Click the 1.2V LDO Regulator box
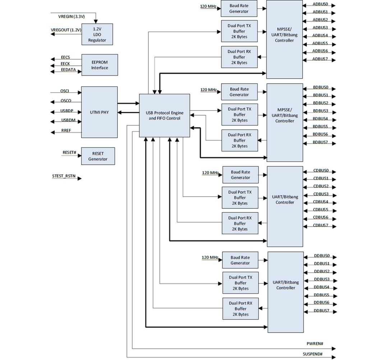(x=97, y=34)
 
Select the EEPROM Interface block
(x=100, y=65)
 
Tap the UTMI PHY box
(x=99, y=112)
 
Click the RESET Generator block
(x=98, y=156)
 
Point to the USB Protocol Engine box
(x=164, y=115)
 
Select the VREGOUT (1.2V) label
(x=66, y=30)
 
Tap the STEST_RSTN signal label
(x=64, y=176)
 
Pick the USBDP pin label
(x=67, y=111)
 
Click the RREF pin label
(x=66, y=130)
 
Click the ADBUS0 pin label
(x=320, y=4)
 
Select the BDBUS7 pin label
(x=320, y=142)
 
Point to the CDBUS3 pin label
(x=321, y=194)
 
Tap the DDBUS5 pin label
(x=322, y=295)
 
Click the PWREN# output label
(x=315, y=344)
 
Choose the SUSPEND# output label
(x=313, y=354)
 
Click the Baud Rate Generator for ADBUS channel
(x=239, y=9)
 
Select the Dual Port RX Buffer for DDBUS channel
(x=240, y=309)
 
